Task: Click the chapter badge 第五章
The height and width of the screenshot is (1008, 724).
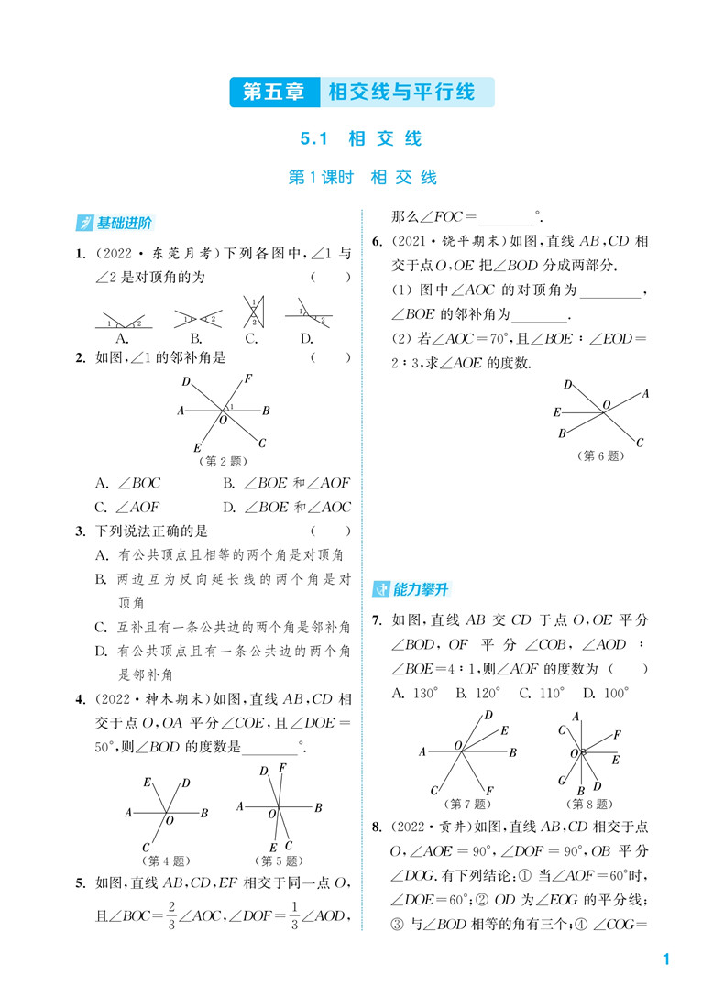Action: click(x=273, y=92)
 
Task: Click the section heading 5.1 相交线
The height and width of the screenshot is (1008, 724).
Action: click(x=361, y=139)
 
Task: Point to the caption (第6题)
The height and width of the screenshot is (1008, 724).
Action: click(x=600, y=455)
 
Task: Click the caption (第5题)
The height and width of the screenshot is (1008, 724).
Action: click(x=279, y=860)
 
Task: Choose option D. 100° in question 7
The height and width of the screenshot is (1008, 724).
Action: click(x=607, y=693)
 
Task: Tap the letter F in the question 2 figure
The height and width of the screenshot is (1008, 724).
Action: click(x=248, y=378)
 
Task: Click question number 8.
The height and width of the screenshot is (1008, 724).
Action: click(x=377, y=827)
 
